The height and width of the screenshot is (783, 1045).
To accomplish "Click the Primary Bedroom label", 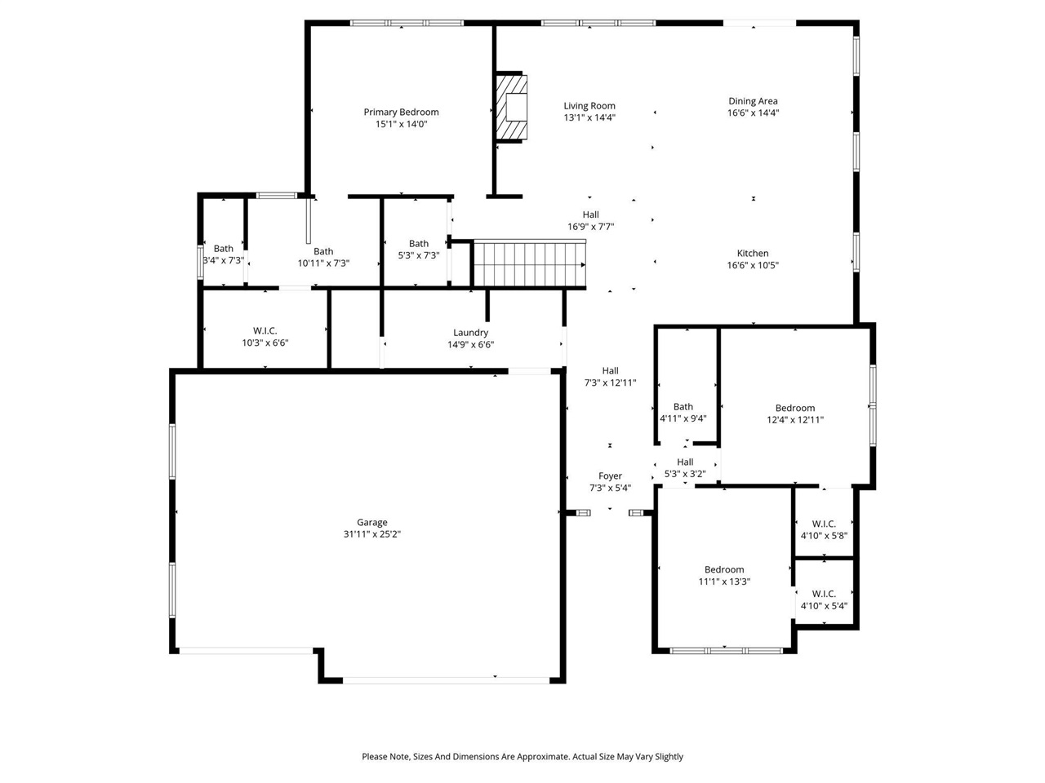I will [x=401, y=113].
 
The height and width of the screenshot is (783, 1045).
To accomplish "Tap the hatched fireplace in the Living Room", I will [x=512, y=108].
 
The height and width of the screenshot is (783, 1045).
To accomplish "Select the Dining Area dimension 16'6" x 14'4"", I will [x=753, y=113].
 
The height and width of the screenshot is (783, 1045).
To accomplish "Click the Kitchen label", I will [x=753, y=254].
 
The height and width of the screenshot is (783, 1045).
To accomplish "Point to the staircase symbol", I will [x=529, y=263].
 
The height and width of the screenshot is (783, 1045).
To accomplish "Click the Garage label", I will [x=371, y=523].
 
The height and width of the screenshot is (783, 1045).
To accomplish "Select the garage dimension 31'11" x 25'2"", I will [x=371, y=535].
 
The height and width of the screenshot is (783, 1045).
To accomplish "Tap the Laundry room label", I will [x=470, y=333].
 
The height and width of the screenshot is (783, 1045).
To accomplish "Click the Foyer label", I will [x=610, y=476].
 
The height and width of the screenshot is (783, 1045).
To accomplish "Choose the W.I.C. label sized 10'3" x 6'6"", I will [x=265, y=331].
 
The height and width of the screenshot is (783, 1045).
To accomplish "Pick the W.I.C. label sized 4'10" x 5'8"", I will [x=824, y=524].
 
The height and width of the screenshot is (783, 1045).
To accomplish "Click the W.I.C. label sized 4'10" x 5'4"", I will [x=824, y=594].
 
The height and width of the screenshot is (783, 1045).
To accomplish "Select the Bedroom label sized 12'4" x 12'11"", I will [x=794, y=409].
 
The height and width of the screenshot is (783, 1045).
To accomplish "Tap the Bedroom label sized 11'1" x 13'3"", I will [x=724, y=570].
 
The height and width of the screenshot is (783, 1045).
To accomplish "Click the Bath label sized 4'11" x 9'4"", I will [x=683, y=407].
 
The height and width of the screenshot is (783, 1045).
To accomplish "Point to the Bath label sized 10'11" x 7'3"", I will [x=323, y=252].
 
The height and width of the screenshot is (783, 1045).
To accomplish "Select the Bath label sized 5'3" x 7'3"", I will [x=418, y=244].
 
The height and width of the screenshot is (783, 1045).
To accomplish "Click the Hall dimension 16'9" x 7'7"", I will [x=590, y=228].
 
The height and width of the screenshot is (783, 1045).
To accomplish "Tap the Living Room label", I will [x=589, y=106].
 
